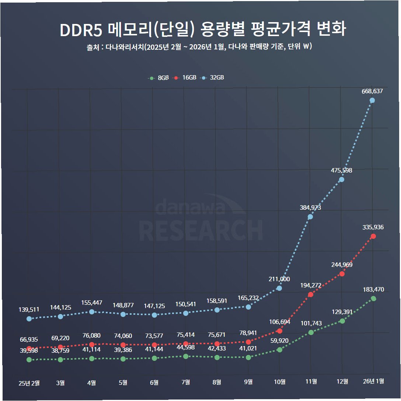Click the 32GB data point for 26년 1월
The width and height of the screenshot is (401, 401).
pyautogui.click(x=372, y=101)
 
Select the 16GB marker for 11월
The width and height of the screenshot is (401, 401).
pyautogui.click(x=311, y=294)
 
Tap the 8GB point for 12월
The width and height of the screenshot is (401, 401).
pyautogui.click(x=342, y=321)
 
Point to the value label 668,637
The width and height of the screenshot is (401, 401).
pyautogui.click(x=372, y=91)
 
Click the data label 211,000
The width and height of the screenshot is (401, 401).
pyautogui.click(x=279, y=279)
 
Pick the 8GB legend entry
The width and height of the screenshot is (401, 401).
pyautogui.click(x=158, y=78)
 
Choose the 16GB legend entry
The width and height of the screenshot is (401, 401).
pyautogui.click(x=184, y=77)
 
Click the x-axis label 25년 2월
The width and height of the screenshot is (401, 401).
pyautogui.click(x=29, y=383)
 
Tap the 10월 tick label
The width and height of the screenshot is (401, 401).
pyautogui.click(x=279, y=382)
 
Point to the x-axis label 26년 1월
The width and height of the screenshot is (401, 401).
pyautogui.click(x=373, y=381)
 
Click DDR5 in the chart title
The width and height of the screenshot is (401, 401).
pyautogui.click(x=81, y=30)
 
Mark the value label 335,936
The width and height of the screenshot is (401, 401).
pyautogui.click(x=373, y=227)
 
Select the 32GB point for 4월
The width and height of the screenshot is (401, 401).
pyautogui.click(x=92, y=312)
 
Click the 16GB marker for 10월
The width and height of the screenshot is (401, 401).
pyautogui.click(x=279, y=331)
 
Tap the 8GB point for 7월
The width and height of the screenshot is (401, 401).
pyautogui.click(x=186, y=356)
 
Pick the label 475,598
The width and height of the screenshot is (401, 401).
pyautogui.click(x=341, y=170)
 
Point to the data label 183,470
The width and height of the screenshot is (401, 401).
pyautogui.click(x=373, y=289)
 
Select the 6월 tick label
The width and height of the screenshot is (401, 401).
pyautogui.click(x=154, y=383)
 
